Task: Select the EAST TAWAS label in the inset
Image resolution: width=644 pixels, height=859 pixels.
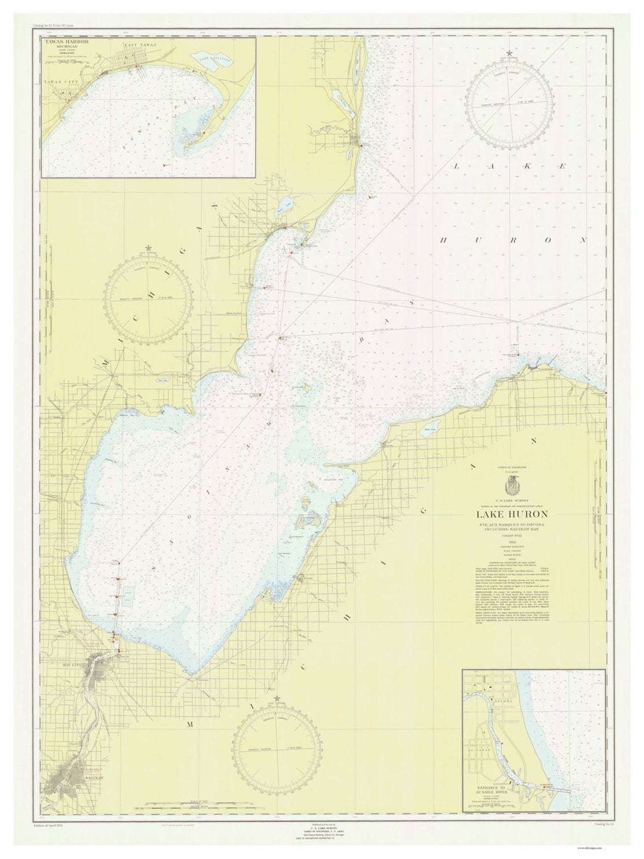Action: tap(140, 46)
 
